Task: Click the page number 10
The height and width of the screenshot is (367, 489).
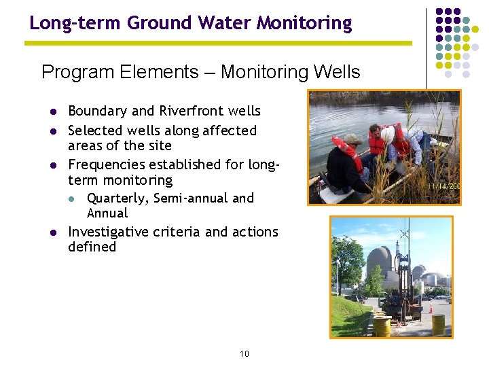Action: (244, 354)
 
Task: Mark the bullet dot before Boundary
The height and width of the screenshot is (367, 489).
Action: (52, 111)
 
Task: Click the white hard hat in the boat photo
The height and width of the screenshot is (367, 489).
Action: (388, 135)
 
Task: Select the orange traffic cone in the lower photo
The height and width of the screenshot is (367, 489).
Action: (430, 309)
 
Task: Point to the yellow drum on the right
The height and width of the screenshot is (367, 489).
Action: (439, 324)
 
